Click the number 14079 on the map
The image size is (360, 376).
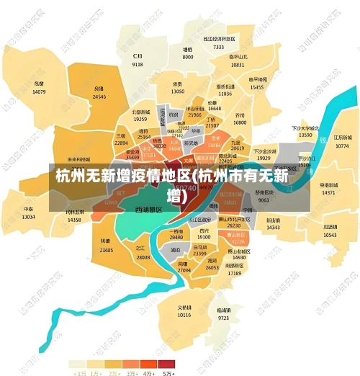pos(39,92)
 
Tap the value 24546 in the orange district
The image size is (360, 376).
pos(99,97)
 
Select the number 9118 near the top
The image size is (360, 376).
pos(138,64)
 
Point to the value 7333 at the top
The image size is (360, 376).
pos(218,47)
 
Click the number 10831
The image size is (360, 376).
pos(238,65)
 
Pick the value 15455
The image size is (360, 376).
pos(257,87)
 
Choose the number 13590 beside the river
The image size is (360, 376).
pos(305,135)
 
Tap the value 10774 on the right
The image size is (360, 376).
pos(341,146)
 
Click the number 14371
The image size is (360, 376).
pos(328,193)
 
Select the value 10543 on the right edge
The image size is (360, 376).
pos(330,235)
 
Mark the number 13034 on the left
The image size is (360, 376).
pos(28,217)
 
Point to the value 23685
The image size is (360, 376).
pos(107,250)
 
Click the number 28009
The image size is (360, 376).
pos(143,257)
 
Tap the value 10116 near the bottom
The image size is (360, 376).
pos(184,315)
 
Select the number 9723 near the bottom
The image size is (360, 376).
pos(223,318)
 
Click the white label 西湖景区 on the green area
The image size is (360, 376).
pos(148,210)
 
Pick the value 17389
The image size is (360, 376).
pos(235,274)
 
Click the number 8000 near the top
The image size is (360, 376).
pos(187,57)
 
